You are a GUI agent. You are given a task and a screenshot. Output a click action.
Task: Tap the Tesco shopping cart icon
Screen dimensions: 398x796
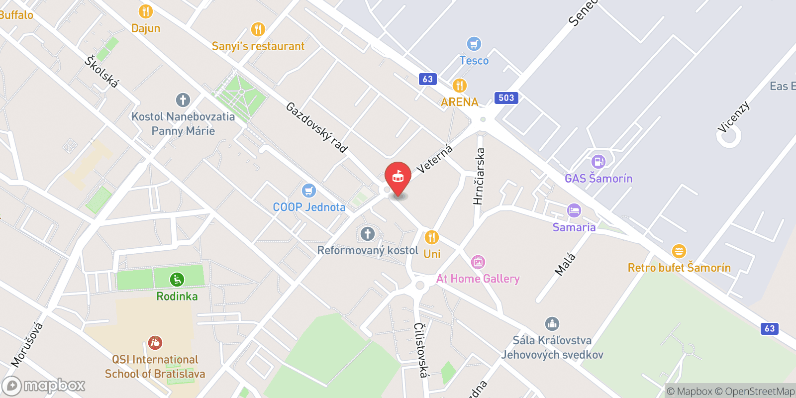474,44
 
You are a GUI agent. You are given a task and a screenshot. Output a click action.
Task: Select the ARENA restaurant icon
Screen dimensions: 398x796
459,86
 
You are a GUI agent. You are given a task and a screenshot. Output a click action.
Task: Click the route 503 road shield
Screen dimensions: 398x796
506,98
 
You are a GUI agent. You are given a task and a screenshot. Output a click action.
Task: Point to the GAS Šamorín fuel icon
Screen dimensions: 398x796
598,162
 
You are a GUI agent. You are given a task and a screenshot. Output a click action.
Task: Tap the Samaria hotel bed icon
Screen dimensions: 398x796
574,210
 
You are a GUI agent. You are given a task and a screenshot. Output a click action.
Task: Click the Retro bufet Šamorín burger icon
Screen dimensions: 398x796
679,251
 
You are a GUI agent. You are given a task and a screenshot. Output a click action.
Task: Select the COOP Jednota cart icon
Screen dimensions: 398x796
308,191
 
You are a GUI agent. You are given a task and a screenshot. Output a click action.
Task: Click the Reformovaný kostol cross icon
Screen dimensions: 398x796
367,234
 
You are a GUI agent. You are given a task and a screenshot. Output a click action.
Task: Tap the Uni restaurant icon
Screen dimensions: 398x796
431,237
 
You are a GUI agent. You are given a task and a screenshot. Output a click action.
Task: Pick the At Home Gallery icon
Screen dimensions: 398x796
478,262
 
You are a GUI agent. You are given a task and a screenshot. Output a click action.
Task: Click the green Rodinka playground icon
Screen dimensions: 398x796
177,280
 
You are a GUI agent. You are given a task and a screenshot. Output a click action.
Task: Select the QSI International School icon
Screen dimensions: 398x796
155,343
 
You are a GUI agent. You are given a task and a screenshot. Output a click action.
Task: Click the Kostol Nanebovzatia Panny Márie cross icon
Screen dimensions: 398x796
183,100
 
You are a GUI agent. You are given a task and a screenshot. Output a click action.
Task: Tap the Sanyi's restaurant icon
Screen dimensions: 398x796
257,29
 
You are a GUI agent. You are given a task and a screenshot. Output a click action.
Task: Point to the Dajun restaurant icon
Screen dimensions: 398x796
145,11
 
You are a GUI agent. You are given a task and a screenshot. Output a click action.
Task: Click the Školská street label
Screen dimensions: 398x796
102,72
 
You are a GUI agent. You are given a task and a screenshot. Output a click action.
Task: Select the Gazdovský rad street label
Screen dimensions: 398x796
316,127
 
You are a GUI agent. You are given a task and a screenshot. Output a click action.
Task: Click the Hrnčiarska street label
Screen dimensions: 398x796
479,177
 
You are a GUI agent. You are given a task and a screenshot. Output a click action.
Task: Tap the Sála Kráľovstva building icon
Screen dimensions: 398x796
552,324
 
